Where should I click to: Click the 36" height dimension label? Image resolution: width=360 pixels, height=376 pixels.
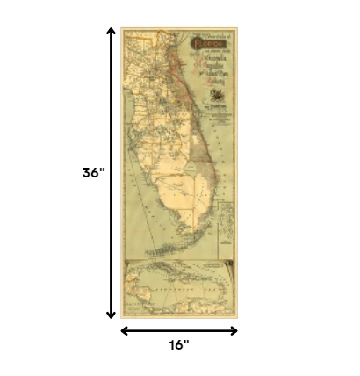coord(93,173)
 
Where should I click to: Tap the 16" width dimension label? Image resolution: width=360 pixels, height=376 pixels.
coord(179,345)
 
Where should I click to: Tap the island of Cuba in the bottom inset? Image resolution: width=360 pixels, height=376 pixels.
coord(176,274)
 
